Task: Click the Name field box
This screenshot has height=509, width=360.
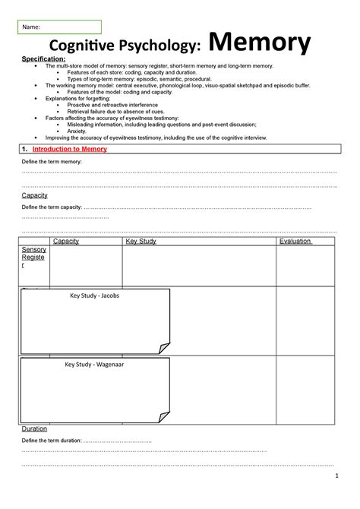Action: [61, 27]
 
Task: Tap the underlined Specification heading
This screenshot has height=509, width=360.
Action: [43, 59]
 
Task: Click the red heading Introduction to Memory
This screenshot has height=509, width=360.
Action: [74, 149]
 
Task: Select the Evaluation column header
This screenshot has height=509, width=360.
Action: [295, 242]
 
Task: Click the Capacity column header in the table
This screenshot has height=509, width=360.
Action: [65, 242]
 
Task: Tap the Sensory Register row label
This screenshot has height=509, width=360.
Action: [33, 258]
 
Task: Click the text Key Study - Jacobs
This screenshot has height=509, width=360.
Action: [94, 296]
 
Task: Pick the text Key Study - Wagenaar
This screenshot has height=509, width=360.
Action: [94, 365]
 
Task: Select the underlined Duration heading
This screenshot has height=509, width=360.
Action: [35, 428]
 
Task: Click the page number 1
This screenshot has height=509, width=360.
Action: [335, 476]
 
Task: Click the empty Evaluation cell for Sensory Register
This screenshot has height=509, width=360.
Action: [306, 266]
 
